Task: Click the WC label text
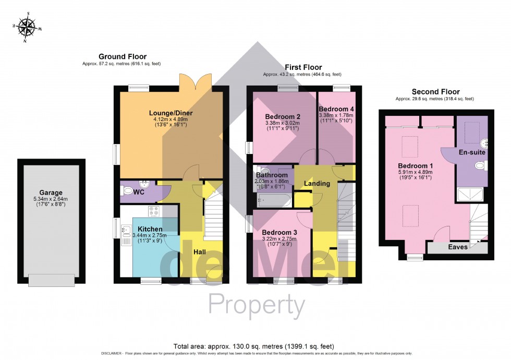click(139, 193)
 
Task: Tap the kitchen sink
click(126, 230)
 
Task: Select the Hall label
click(200, 252)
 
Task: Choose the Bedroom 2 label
click(283, 116)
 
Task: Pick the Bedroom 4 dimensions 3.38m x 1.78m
click(336, 116)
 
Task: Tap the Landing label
click(317, 184)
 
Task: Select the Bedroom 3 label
click(279, 232)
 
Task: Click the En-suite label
click(472, 153)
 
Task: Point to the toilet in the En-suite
click(480, 165)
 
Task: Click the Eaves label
click(457, 247)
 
